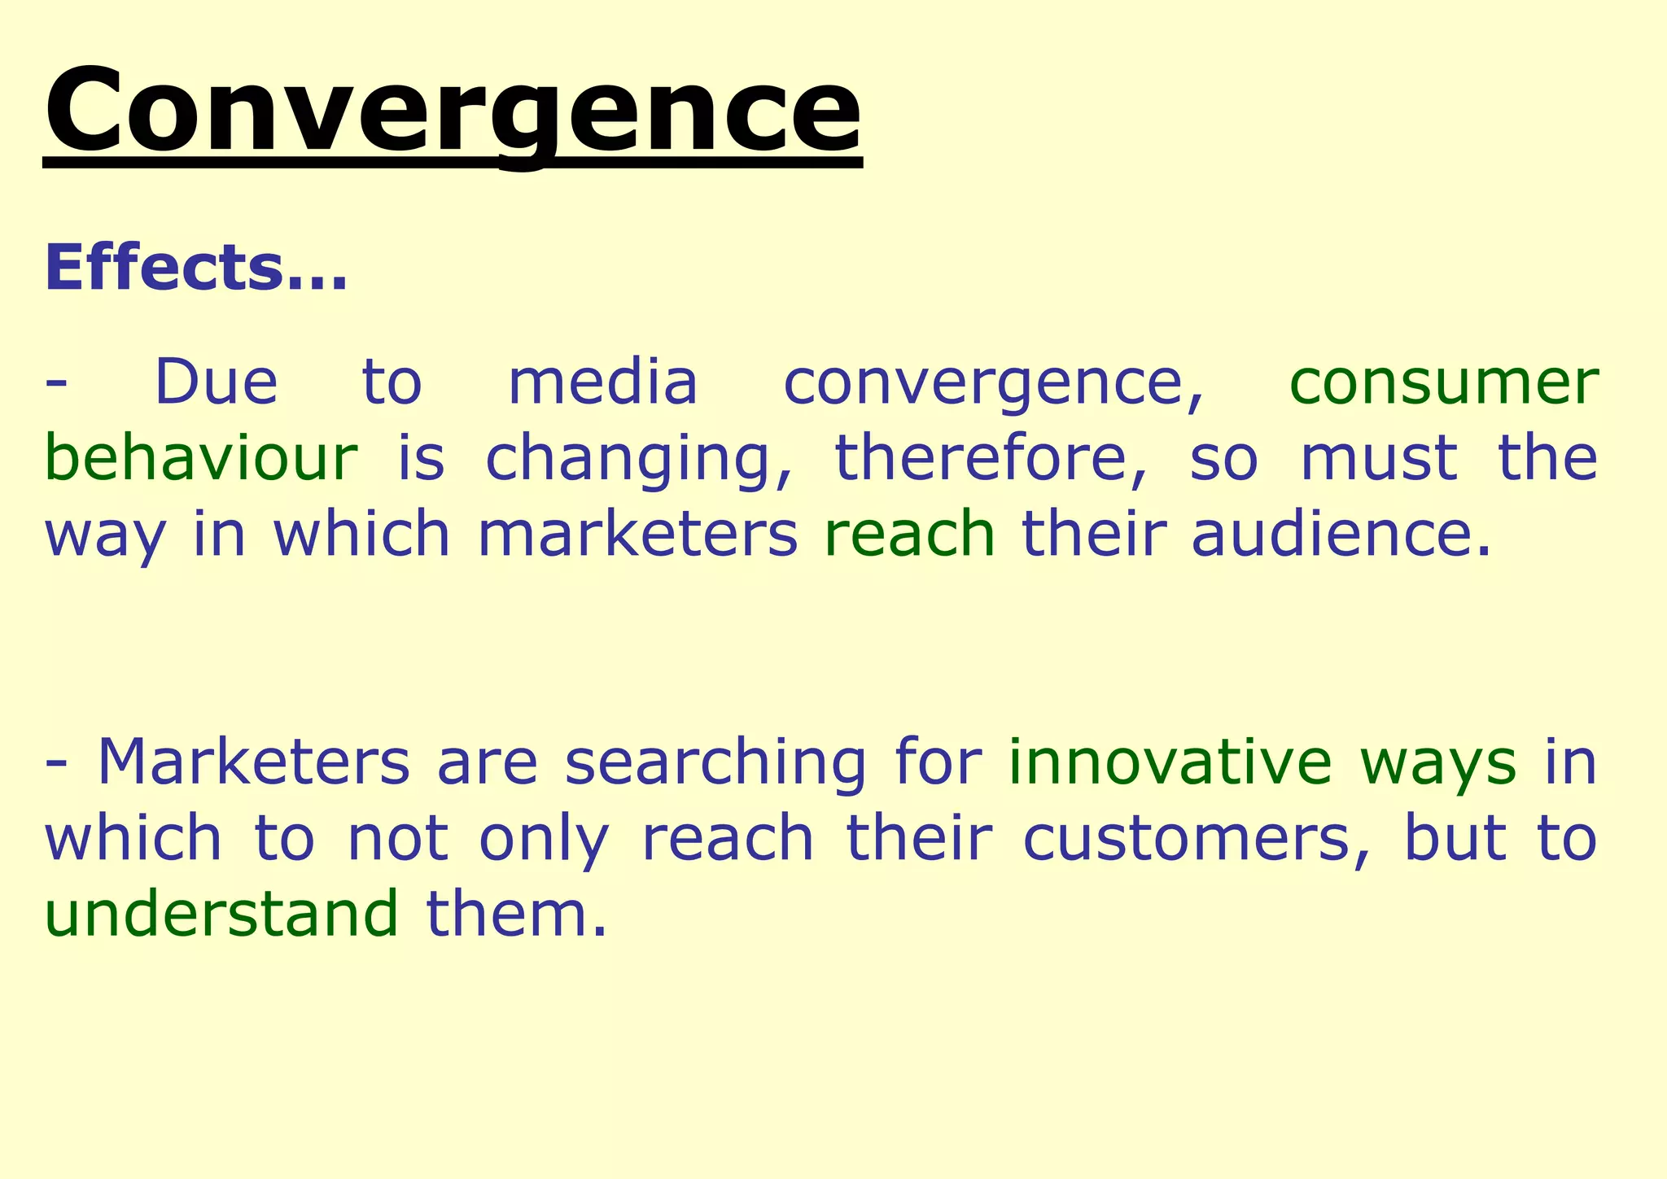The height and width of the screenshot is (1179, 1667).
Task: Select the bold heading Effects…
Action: (196, 268)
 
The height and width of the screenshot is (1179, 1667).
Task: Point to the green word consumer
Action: (1444, 382)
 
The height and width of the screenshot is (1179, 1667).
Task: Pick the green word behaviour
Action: (200, 457)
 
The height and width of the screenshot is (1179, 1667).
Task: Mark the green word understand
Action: (221, 913)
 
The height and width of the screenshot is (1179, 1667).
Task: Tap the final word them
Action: (516, 913)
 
